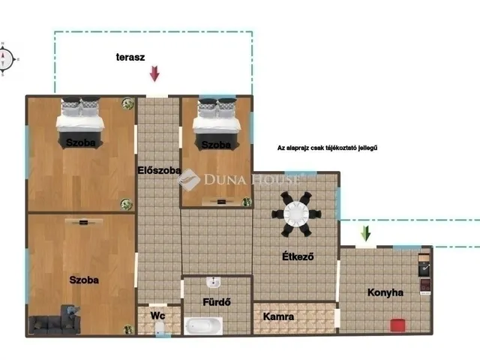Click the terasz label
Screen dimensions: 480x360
(x=130, y=57)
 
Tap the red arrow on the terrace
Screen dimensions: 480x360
(x=154, y=73)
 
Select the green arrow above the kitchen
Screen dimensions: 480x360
(x=365, y=233)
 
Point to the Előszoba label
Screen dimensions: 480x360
(x=159, y=170)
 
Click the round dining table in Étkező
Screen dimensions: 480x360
(x=296, y=214)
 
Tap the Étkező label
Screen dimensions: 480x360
(x=298, y=256)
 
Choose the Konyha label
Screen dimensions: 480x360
(x=385, y=292)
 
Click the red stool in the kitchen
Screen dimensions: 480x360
(x=398, y=325)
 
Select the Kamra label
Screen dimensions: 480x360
(x=278, y=316)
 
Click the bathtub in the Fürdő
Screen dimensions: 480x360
(x=203, y=326)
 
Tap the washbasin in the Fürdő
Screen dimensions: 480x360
(x=213, y=282)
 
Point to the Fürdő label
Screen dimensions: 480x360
(x=217, y=302)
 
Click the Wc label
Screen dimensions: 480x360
(x=157, y=316)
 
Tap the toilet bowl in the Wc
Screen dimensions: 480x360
(x=159, y=329)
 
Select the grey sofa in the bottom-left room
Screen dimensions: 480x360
(x=55, y=321)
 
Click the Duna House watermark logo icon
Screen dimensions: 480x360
(x=188, y=180)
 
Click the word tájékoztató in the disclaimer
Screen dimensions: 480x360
(x=339, y=148)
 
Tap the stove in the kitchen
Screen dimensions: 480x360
(x=425, y=285)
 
